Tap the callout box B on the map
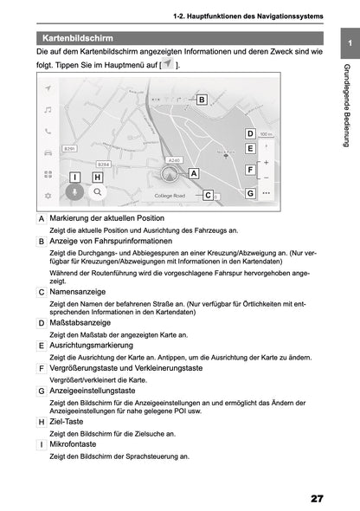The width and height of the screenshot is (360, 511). [201, 100]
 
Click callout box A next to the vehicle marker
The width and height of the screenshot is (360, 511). [193, 173]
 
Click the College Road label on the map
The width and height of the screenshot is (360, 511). [170, 197]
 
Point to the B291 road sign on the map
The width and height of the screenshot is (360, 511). [71, 149]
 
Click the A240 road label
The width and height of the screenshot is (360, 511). [174, 159]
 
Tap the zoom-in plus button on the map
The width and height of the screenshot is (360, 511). [266, 162]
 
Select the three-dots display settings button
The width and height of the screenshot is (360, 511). [266, 193]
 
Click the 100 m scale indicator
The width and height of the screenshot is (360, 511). [266, 134]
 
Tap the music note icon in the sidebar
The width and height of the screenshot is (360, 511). [48, 109]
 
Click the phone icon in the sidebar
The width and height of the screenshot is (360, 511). [48, 131]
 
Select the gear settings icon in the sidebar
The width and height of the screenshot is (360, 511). [48, 196]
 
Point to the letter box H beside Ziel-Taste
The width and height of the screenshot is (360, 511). [42, 421]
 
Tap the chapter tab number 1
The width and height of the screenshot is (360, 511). [348, 43]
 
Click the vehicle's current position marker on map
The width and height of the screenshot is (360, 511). [170, 173]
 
